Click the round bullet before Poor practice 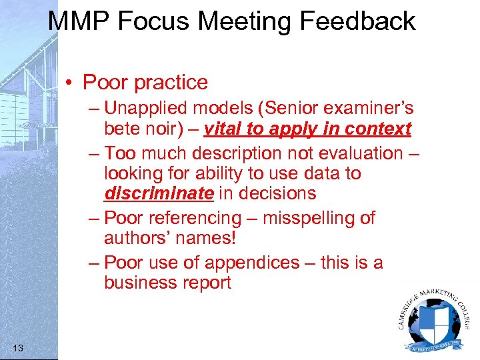(70, 83)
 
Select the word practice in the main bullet (171, 83)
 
